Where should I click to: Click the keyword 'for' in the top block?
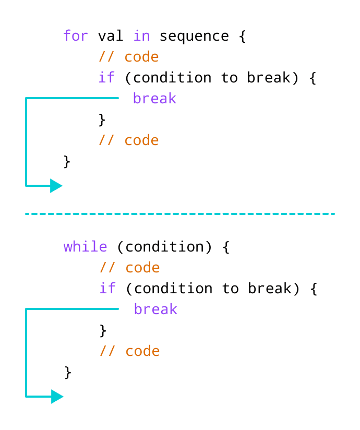(x=76, y=36)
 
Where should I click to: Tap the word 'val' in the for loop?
(x=111, y=36)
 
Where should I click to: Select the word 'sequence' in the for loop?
(x=194, y=37)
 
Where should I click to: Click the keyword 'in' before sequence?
(x=141, y=36)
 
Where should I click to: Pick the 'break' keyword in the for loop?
(x=154, y=99)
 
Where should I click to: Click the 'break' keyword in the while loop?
(x=155, y=309)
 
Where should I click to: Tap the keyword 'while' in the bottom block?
(x=85, y=247)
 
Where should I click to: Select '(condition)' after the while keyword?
(x=164, y=247)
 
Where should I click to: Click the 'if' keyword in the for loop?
(x=107, y=78)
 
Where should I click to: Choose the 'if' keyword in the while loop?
(x=107, y=289)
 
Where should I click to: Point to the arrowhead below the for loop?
(x=56, y=185)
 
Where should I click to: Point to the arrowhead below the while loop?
(x=57, y=397)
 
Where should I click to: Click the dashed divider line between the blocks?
(x=180, y=214)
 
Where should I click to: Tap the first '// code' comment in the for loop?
(x=128, y=57)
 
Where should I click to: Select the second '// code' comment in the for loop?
(x=128, y=140)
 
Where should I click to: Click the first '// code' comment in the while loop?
(x=129, y=268)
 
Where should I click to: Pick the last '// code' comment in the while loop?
(x=129, y=351)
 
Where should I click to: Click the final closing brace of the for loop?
(x=67, y=161)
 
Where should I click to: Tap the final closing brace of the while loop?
(x=68, y=372)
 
